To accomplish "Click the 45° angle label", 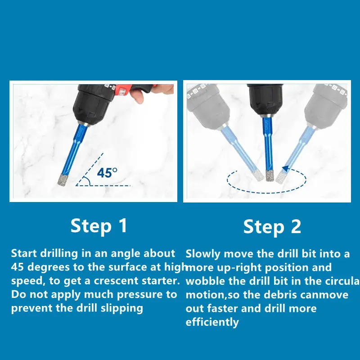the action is [x=107, y=173].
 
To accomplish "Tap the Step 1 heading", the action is [x=99, y=226].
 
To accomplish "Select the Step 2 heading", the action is [x=272, y=227].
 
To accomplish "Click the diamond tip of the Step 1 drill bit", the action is [x=63, y=179].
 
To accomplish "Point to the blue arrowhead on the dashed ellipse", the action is [x=285, y=168].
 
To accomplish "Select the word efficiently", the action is [x=212, y=322].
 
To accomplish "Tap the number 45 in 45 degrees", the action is [x=17, y=267].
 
